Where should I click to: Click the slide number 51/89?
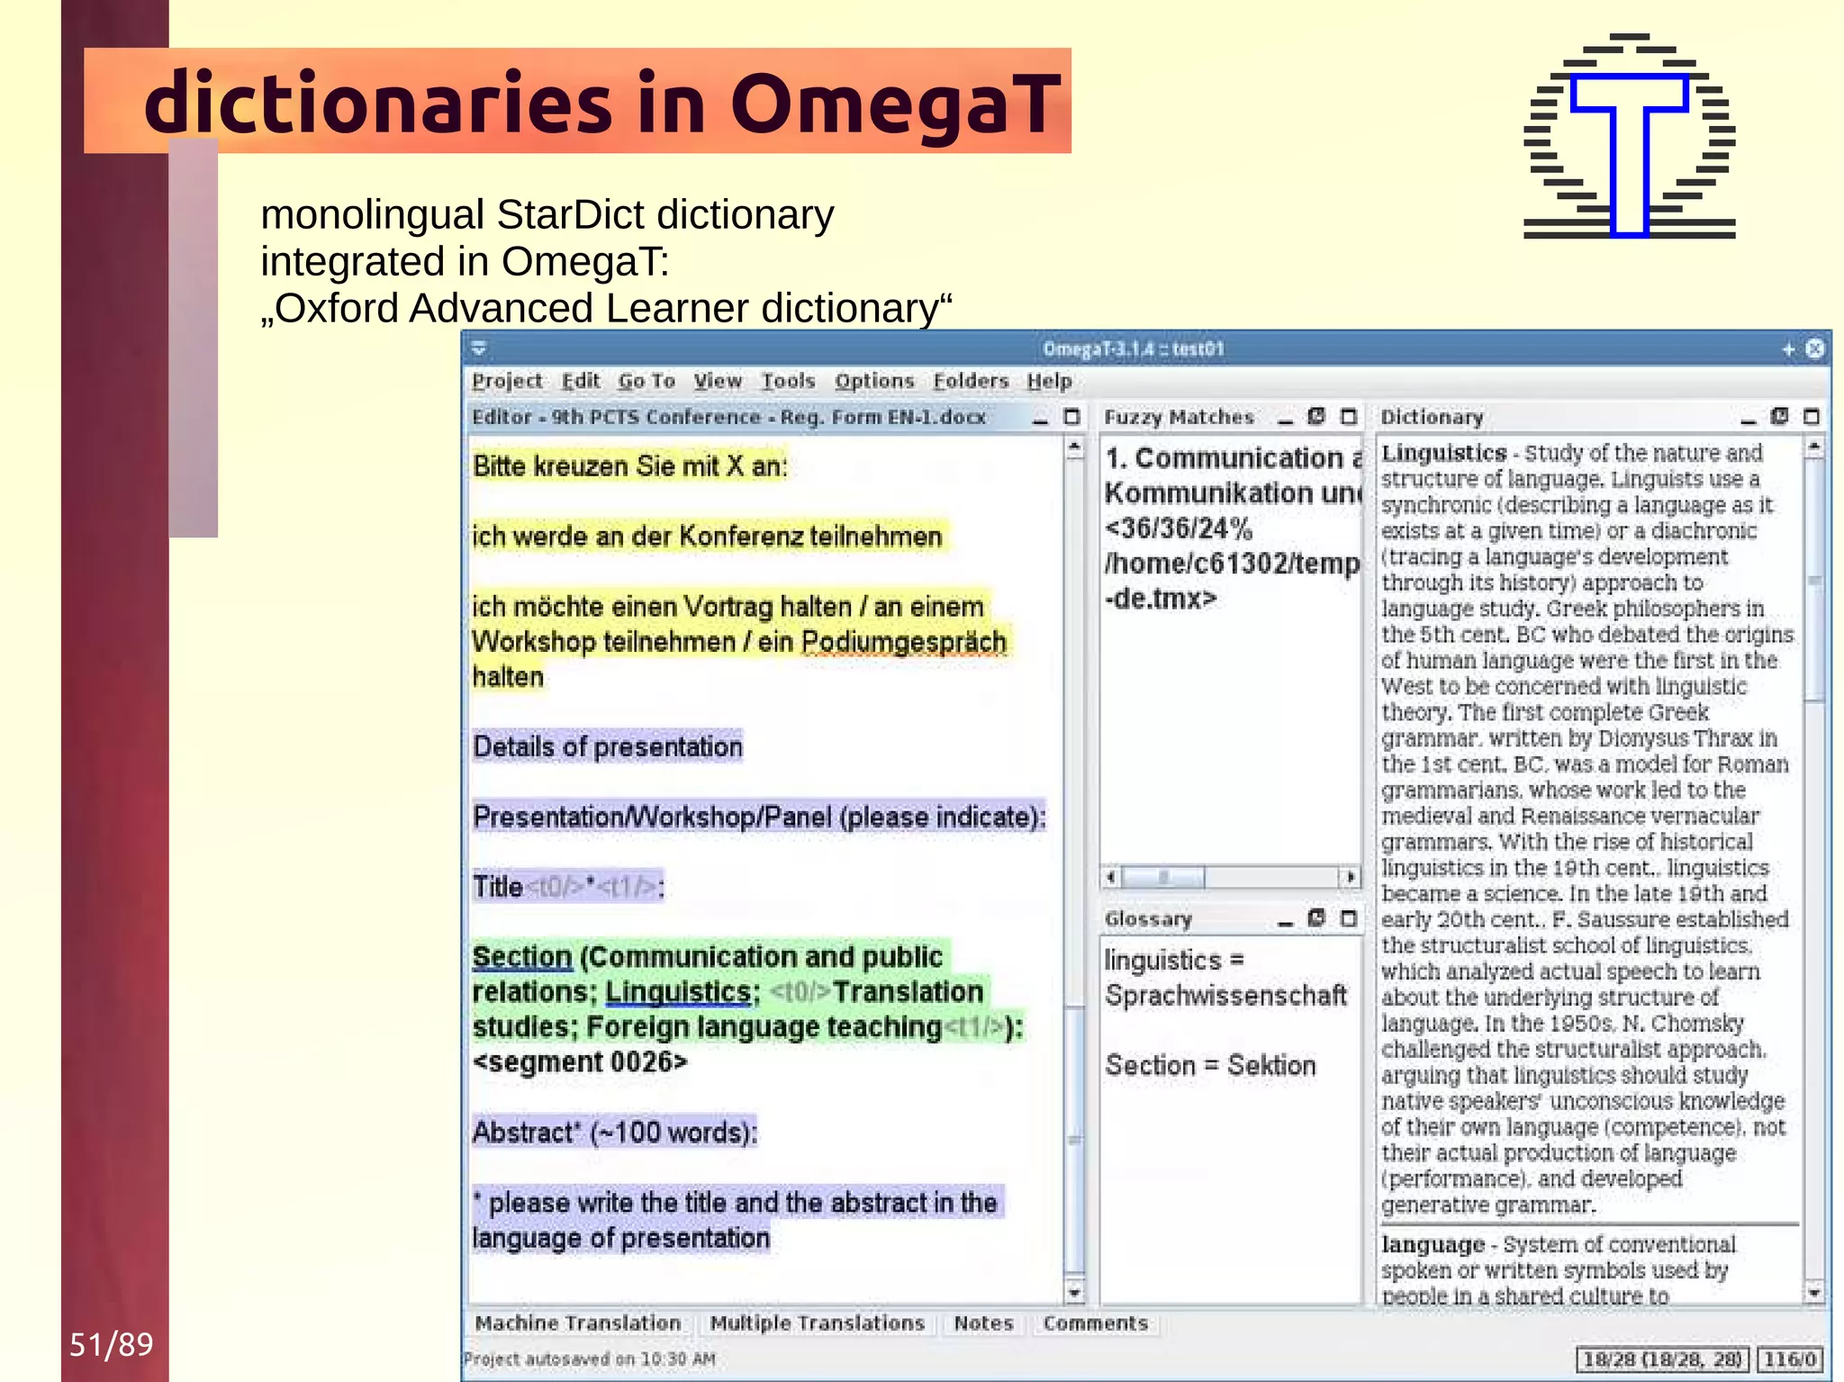(111, 1344)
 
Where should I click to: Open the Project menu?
(507, 381)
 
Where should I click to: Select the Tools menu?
(788, 381)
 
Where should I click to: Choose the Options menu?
(873, 381)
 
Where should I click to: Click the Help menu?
(1049, 381)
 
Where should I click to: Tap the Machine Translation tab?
(578, 1323)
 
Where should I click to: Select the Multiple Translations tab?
(817, 1323)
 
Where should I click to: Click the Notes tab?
(983, 1323)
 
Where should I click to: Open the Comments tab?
(1095, 1323)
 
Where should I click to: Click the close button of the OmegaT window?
(1815, 348)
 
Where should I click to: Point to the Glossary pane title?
(1148, 918)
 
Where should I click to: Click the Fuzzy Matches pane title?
(1179, 417)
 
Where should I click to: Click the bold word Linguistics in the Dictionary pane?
(1444, 453)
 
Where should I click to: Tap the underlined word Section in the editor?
(522, 957)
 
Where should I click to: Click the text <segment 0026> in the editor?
(580, 1062)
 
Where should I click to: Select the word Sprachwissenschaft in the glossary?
(1225, 996)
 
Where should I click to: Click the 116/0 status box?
(1789, 1359)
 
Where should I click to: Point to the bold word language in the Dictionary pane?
(1433, 1244)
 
